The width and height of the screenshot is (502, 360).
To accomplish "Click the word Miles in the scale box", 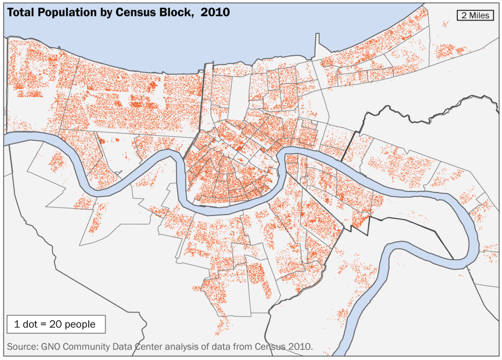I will [x=479, y=15].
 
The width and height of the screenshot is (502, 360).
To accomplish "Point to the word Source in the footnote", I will [x=21, y=347].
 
